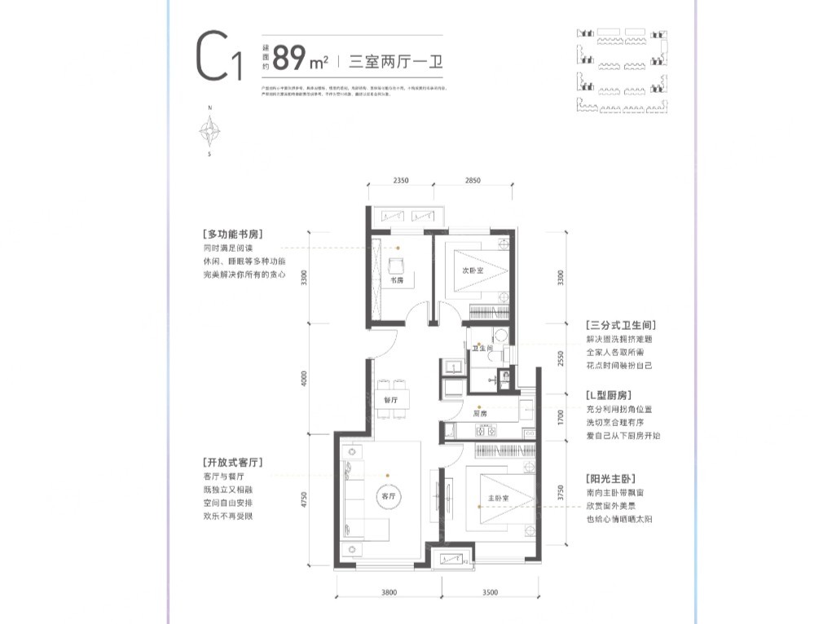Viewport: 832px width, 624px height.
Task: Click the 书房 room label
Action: [397, 280]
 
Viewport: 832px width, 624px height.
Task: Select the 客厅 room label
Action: [387, 496]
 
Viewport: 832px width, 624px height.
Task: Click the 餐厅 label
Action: [390, 400]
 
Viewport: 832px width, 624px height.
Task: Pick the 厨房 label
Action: [479, 414]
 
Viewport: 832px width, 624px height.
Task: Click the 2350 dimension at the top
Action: [399, 181]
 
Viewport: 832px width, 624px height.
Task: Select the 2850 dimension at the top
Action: [473, 181]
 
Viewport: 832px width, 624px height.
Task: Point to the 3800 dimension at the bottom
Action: [388, 591]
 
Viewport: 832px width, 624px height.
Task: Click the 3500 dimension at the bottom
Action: [488, 591]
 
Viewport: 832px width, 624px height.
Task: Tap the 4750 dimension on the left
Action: [303, 499]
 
